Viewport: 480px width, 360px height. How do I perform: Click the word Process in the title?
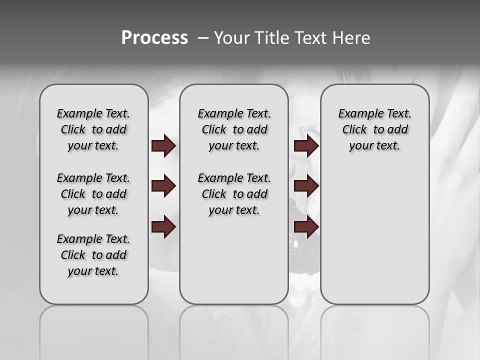point(154,38)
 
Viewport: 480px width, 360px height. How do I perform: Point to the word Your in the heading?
point(231,38)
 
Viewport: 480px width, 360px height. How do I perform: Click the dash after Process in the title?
point(202,38)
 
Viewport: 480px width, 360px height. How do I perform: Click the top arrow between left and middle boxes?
point(163,146)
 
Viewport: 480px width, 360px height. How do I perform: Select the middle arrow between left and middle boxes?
point(163,186)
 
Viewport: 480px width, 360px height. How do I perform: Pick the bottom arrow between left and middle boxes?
point(163,227)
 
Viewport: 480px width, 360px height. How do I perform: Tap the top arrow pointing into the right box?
point(306,146)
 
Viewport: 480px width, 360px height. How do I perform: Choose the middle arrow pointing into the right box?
point(306,186)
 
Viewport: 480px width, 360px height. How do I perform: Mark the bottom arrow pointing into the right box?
point(306,227)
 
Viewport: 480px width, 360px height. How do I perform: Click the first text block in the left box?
point(93,129)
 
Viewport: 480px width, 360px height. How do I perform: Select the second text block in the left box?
point(93,194)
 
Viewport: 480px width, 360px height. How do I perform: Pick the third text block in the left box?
point(93,255)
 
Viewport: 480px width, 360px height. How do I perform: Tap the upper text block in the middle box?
point(234,129)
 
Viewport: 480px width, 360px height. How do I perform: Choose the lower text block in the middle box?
point(234,194)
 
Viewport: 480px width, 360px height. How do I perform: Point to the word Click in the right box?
point(354,130)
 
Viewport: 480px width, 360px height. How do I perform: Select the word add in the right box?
point(398,130)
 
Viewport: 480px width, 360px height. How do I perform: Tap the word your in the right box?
point(359,146)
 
